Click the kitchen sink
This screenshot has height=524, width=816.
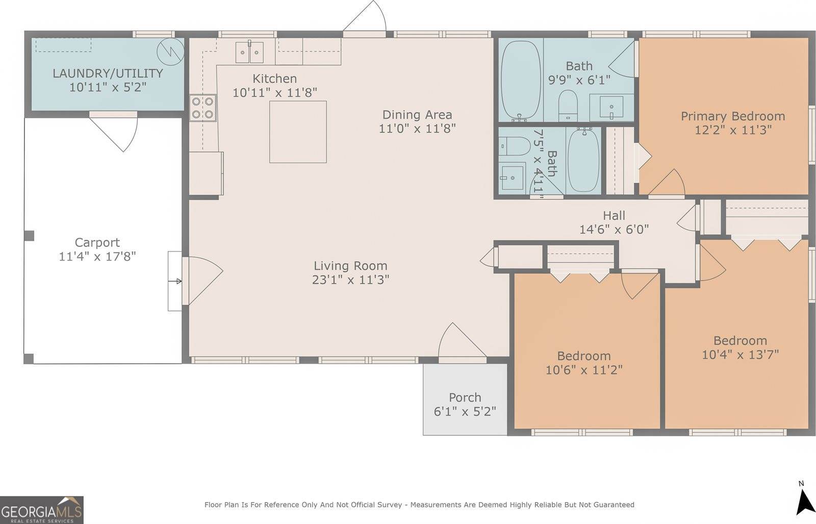click(x=249, y=52)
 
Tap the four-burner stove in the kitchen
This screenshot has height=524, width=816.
click(x=202, y=108)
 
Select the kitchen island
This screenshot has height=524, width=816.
click(x=298, y=132)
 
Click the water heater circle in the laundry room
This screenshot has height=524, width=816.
click(x=170, y=52)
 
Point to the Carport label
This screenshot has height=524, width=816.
click(x=97, y=242)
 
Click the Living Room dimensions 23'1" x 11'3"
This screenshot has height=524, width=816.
click(x=350, y=280)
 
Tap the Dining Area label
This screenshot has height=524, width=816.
click(x=417, y=115)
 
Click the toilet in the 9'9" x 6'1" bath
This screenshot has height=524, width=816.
click(x=568, y=105)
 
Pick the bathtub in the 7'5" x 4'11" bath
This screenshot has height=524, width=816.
click(x=583, y=160)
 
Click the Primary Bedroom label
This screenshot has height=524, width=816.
click(x=733, y=116)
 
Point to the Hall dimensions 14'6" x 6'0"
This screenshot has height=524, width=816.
click(x=614, y=229)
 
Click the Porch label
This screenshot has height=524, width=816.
click(x=465, y=397)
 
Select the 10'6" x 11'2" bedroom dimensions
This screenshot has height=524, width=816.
click(x=584, y=370)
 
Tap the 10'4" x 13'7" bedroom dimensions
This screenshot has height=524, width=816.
click(x=740, y=354)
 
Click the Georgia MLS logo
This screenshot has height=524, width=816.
click(x=41, y=510)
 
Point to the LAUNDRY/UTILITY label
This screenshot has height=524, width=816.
click(x=108, y=73)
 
